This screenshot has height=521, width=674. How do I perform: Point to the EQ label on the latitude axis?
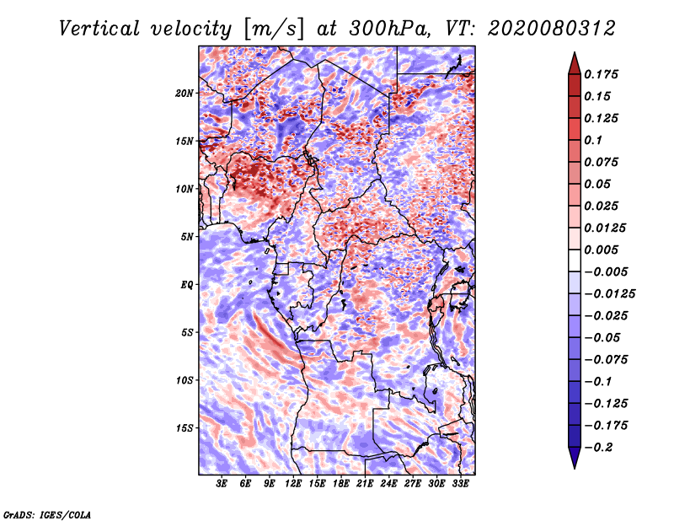(187, 284)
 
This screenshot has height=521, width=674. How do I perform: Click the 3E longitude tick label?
(222, 485)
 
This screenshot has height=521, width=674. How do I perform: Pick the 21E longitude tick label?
(365, 485)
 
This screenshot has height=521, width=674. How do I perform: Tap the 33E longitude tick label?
(460, 485)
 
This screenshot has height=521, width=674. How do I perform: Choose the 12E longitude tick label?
(294, 485)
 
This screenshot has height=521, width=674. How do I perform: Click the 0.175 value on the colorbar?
(602, 74)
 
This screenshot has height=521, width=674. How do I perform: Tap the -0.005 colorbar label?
(606, 271)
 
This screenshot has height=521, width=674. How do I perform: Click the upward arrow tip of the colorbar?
(574, 55)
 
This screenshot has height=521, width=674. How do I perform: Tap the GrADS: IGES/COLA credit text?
(46, 513)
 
